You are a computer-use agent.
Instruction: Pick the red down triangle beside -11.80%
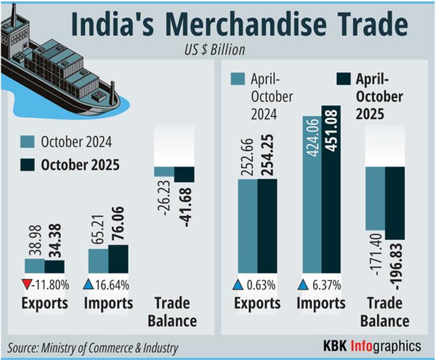click(27, 284)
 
